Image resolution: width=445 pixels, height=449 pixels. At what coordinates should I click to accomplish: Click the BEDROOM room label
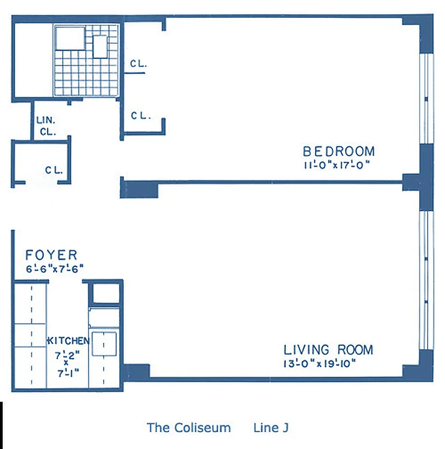[339, 151]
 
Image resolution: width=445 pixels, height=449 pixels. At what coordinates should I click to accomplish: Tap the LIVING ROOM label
[328, 350]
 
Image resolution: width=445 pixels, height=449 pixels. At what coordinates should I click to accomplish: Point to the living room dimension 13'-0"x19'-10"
[320, 363]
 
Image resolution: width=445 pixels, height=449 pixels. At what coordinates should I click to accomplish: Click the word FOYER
[52, 255]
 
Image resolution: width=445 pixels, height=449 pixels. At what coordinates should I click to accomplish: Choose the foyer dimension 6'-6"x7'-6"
[54, 268]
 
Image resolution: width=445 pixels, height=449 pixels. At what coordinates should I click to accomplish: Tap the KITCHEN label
[68, 341]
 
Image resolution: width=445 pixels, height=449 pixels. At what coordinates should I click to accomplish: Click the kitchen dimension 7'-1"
[67, 372]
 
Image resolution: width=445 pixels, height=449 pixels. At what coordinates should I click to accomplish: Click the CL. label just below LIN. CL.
[54, 169]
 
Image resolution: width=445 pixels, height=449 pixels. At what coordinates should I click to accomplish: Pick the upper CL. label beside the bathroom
[138, 64]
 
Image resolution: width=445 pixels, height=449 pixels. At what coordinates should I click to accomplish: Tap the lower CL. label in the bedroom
[140, 116]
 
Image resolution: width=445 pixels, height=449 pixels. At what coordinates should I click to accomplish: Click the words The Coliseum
[188, 428]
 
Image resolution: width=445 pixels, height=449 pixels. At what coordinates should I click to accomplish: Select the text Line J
[271, 428]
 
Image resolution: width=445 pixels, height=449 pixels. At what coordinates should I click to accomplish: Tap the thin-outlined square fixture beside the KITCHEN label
[104, 343]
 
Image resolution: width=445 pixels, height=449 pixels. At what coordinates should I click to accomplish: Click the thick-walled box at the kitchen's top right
[105, 294]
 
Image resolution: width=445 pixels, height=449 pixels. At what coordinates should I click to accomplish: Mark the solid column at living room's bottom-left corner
[136, 372]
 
